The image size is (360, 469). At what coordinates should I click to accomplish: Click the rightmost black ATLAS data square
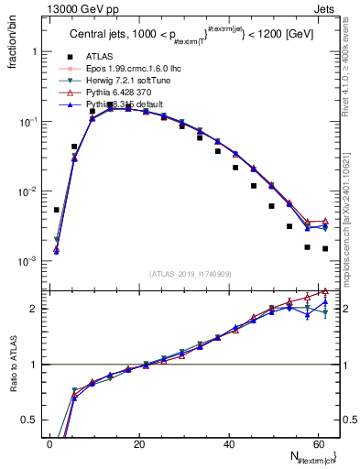[325, 248]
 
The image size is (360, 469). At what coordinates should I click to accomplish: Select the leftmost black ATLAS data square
[57, 210]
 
